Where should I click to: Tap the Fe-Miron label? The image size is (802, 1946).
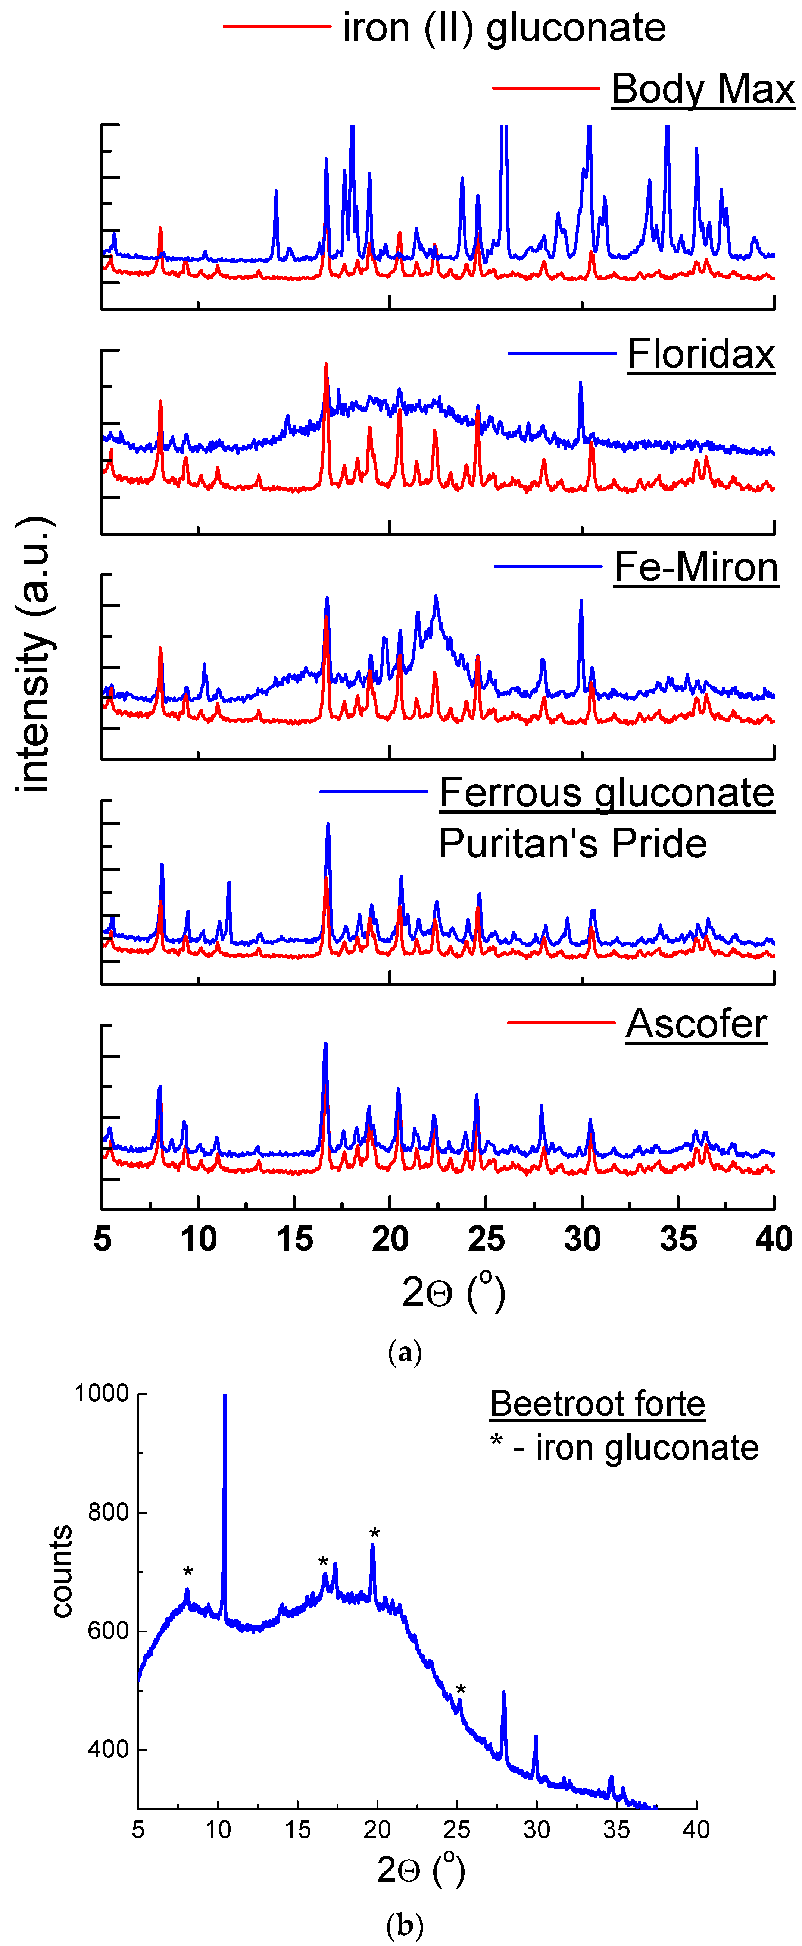click(x=695, y=567)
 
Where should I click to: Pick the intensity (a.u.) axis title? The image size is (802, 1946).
click(x=34, y=654)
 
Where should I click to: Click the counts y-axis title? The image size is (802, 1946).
click(x=62, y=1571)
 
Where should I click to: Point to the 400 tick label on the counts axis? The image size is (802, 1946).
click(x=108, y=1750)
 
